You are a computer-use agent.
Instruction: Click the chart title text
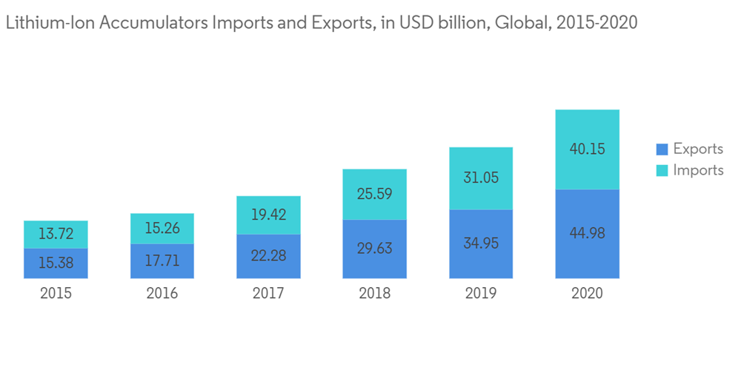click(x=322, y=23)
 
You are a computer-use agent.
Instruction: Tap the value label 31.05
click(x=480, y=178)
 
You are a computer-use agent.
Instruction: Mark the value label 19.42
click(x=268, y=215)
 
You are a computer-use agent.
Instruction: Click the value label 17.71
click(x=162, y=261)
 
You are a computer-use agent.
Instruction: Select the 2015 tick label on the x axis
click(x=56, y=293)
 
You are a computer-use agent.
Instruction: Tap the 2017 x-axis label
click(x=268, y=293)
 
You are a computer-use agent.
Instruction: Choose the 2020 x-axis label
click(x=587, y=293)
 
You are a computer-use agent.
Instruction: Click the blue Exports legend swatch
click(x=662, y=149)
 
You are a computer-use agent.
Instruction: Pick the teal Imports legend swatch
click(x=662, y=170)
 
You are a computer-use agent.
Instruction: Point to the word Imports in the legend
click(x=698, y=170)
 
